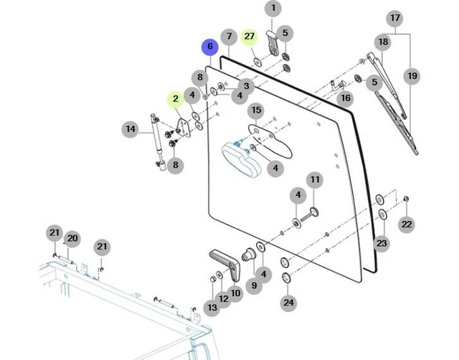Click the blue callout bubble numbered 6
210,47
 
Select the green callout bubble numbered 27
249,36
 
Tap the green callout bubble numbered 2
175,100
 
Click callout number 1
273,9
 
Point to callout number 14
130,130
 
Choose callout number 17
394,18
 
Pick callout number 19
412,75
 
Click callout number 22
407,224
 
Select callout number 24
288,303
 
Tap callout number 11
315,179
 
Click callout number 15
256,110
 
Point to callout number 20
72,238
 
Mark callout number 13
212,308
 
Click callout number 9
252,285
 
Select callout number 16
346,98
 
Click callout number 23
382,244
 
